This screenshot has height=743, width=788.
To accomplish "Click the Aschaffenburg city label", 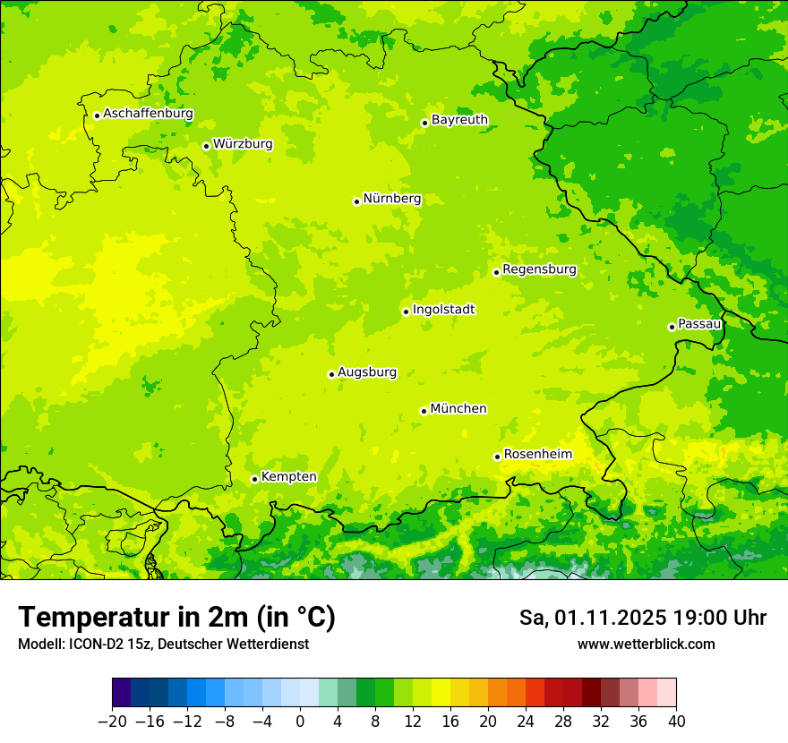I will coord(148,114).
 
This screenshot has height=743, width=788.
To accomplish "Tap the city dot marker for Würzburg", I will coord(206,146).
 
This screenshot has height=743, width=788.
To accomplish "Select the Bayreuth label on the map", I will coord(459,120).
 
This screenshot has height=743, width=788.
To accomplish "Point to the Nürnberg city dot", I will coord(356,201).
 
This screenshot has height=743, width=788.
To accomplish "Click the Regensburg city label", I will coord(539,269).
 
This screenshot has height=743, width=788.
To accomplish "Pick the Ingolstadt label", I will coord(443,310).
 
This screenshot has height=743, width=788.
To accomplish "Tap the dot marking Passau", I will coord(672,327).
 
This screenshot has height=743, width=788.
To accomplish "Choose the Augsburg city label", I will coord(367,372).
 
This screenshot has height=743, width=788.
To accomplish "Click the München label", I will coord(458,409).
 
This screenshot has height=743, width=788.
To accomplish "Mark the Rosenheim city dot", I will coord(497,457).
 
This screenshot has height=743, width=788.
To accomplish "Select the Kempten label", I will coord(288,477).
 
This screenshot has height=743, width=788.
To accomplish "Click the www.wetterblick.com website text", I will coord(646,645).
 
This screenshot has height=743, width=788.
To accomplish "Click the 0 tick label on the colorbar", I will coord(300,722).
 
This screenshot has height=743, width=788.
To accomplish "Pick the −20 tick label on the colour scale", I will coord(112,722).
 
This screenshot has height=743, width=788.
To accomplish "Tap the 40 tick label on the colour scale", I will coord(676,722).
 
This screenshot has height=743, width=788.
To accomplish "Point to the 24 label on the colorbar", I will coord(526,722).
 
